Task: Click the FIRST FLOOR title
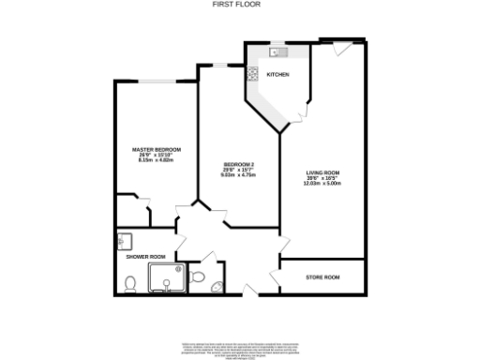pos(240,5)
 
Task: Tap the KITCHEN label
pos(277,74)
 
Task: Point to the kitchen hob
pos(251,75)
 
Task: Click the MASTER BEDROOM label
pos(156,150)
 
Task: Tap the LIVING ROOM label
pos(322,172)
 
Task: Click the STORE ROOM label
pos(322,277)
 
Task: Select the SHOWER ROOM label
pos(145,256)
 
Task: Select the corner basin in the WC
pos(217,288)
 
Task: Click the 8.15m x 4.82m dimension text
pos(156,160)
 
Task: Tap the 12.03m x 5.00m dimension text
pos(322,183)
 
